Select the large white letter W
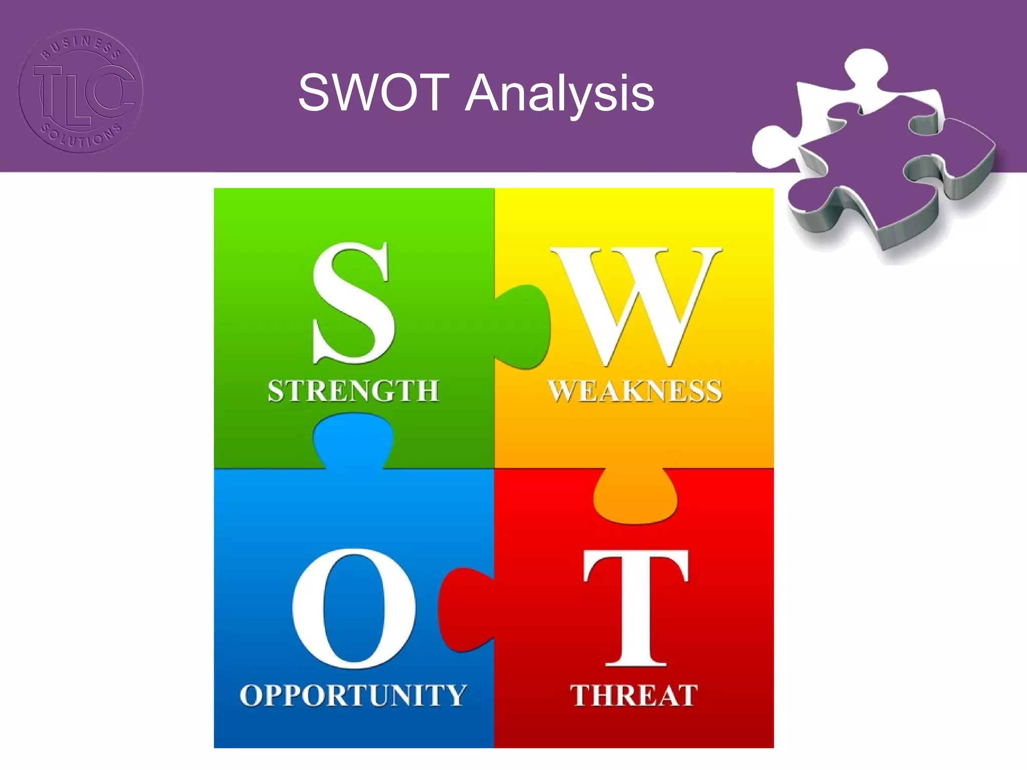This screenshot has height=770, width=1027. click(636, 306)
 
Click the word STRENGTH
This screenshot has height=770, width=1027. click(354, 391)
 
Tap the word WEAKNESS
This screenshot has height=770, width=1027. click(635, 391)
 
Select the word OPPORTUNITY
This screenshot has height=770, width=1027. click(354, 695)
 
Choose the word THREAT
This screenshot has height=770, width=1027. click(634, 695)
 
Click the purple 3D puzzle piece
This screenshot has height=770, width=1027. click(883, 165)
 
